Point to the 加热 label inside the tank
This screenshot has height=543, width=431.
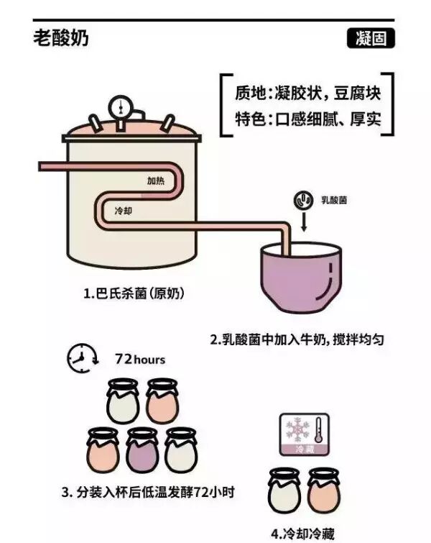pyautogui.click(x=156, y=181)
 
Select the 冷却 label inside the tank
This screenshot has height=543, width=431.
pyautogui.click(x=124, y=212)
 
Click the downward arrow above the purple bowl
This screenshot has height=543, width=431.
pyautogui.click(x=303, y=222)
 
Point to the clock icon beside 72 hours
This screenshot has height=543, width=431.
pyautogui.click(x=82, y=359)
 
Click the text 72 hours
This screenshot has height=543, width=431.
pyautogui.click(x=140, y=359)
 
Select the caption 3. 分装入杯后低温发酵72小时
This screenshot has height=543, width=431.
pyautogui.click(x=148, y=493)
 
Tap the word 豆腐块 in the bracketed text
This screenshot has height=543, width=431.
pyautogui.click(x=360, y=93)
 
